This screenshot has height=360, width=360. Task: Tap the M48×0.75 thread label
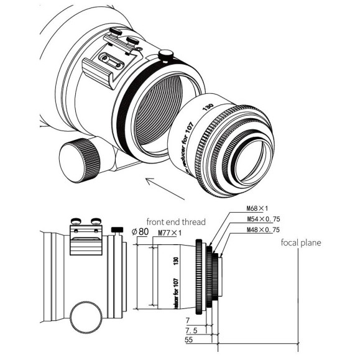247,231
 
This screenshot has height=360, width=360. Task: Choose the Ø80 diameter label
140,233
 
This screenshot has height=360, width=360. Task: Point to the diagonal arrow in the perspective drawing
164,187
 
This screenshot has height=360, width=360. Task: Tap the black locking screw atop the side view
116,231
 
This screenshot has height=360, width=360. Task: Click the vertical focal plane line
298,292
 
